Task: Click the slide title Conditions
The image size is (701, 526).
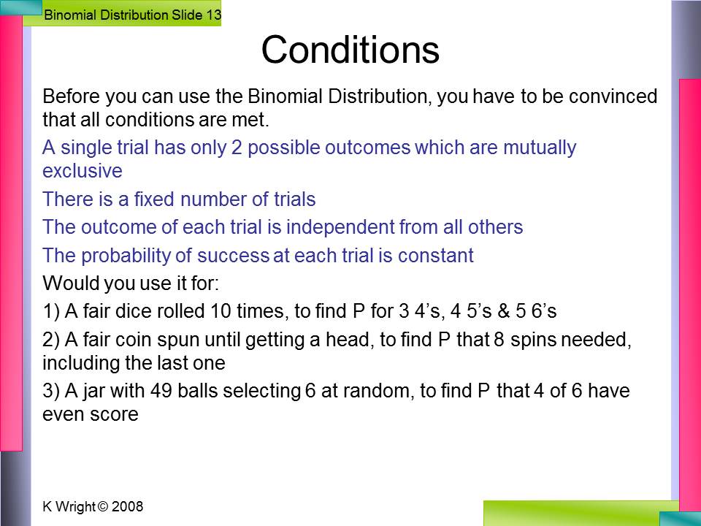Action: pos(350,49)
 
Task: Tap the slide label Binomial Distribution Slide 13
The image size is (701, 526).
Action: pos(132,15)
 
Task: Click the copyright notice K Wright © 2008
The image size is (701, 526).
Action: pos(93,506)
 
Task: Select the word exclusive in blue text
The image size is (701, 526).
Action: pos(83,170)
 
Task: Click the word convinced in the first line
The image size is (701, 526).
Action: pos(613,96)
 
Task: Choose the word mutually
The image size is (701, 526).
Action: pos(540,148)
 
